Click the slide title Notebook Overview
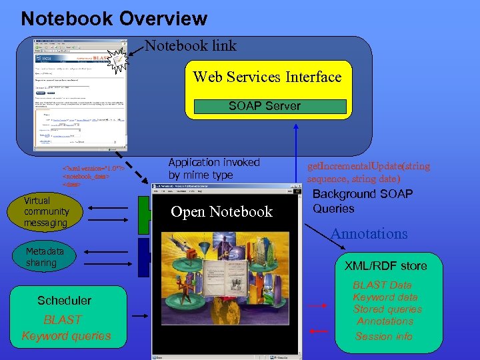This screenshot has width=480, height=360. (114, 18)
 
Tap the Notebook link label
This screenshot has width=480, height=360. (191, 45)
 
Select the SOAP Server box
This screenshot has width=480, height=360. (265, 106)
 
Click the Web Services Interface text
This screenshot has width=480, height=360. (267, 77)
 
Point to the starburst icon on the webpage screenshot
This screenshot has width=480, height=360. (118, 61)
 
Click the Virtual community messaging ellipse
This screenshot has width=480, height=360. (46, 211)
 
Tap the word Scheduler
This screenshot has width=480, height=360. (65, 301)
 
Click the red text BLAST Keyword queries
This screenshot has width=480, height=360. (66, 328)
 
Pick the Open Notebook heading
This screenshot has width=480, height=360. (221, 212)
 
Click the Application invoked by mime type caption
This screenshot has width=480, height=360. (214, 169)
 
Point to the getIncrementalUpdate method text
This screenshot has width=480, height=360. (368, 172)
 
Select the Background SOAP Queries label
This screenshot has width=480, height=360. (362, 201)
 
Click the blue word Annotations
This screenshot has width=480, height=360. (369, 234)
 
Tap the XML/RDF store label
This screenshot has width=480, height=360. (385, 266)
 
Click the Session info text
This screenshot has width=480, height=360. (384, 337)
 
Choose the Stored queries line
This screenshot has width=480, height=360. (387, 309)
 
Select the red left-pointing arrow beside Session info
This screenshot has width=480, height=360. (319, 331)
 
